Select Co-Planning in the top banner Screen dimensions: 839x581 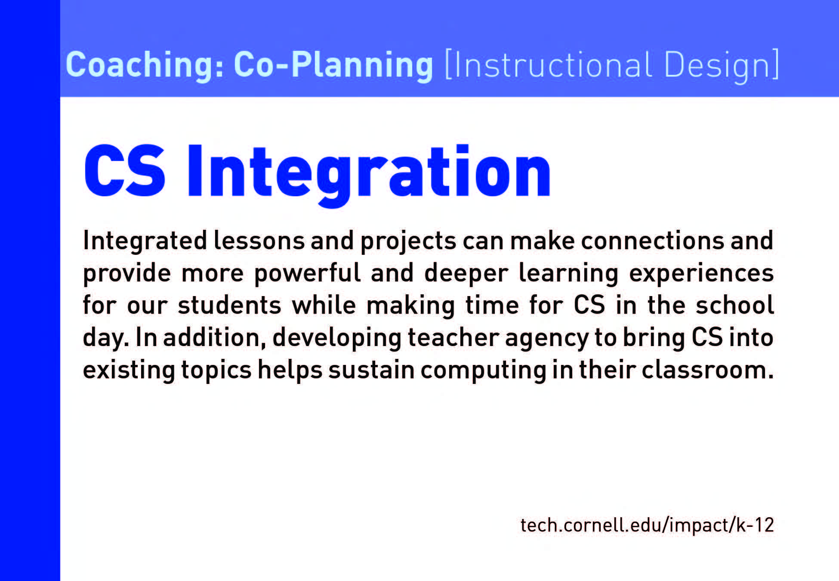tap(333, 65)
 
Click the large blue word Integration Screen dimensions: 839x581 tap(369, 175)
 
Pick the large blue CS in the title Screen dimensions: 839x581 tap(125, 171)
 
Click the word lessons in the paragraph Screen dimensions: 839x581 tap(259, 240)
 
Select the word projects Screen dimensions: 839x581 tap(408, 242)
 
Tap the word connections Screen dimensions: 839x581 tap(652, 240)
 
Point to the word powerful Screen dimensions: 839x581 tap(307, 273)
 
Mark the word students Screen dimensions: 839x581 tap(229, 305)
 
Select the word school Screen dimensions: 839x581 tap(735, 305)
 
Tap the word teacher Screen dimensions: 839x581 tap(453, 337)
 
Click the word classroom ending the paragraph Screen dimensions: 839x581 tap(708, 370)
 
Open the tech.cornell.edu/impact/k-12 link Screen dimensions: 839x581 tap(647, 525)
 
